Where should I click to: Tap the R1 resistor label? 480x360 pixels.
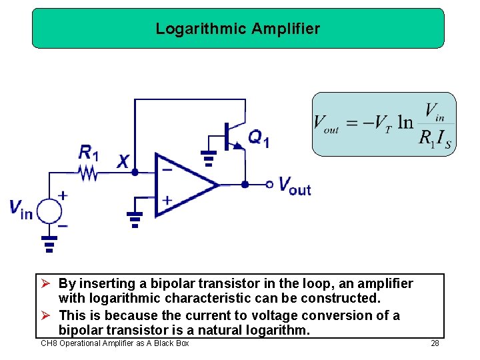tap(88, 153)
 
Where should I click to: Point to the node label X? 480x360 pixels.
tap(123, 161)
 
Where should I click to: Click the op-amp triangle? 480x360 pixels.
tap(184, 185)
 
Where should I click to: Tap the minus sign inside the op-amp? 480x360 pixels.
tap(167, 169)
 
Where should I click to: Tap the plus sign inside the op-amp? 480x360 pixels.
tap(167, 199)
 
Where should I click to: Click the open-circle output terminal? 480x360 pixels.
tap(269, 185)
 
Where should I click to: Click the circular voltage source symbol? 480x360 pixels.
tap(49, 211)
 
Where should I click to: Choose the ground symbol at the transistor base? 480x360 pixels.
tap(209, 158)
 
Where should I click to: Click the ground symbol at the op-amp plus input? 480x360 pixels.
tap(135, 219)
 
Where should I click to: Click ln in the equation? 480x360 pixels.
tap(405, 123)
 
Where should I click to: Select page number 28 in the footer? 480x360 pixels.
tap(435, 343)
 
